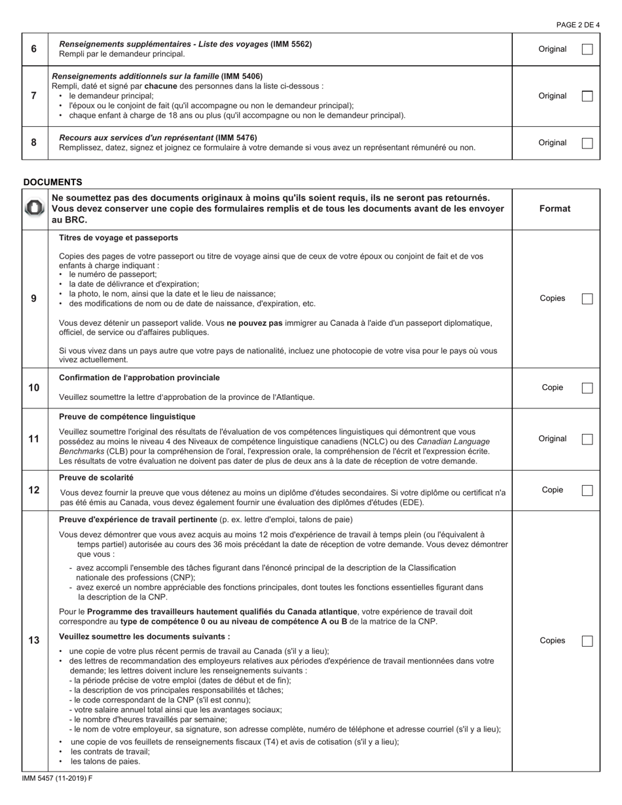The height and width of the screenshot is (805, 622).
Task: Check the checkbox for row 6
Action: pos(587,49)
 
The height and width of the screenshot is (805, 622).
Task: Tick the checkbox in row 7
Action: pos(587,96)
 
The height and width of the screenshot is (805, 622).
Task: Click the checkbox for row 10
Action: pos(587,388)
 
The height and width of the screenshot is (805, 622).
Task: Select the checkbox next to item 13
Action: pos(587,641)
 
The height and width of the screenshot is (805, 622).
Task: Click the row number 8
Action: pos(34,143)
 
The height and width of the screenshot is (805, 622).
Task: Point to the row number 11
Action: pos(34,439)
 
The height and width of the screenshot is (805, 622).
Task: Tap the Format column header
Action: pos(555,209)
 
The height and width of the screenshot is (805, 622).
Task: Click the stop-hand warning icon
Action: pos(35,209)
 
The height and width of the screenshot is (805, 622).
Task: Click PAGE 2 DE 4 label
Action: pos(577,25)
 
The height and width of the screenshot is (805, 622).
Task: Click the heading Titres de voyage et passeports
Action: pos(119,238)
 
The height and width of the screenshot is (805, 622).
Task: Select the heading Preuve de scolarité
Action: pos(96,478)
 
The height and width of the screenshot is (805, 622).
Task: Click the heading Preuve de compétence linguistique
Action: pos(127,416)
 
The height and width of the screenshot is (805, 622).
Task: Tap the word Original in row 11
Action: pos(552,439)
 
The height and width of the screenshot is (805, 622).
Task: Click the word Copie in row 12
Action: pos(552,490)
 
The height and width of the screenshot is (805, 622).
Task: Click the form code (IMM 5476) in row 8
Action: pos(236,137)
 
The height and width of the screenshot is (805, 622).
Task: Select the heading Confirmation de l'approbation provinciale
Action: pos(139,378)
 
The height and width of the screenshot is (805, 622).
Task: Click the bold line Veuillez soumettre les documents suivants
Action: pos(144,636)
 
